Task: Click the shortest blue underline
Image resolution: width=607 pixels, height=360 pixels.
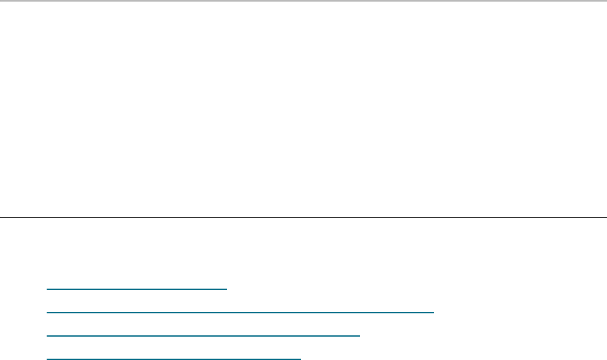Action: click(x=137, y=289)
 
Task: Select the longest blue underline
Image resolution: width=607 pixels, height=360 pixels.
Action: click(x=240, y=313)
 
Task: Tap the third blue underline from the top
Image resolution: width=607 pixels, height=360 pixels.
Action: click(x=203, y=335)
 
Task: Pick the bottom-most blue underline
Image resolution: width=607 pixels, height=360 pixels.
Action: click(x=174, y=358)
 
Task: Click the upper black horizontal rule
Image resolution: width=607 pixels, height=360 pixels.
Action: click(x=303, y=1)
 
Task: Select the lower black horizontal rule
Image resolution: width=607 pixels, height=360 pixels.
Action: click(x=303, y=217)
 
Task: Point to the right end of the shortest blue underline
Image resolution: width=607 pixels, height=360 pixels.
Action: click(x=227, y=289)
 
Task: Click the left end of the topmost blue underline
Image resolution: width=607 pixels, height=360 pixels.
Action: click(x=47, y=289)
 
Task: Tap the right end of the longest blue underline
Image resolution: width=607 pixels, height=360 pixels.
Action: click(x=433, y=313)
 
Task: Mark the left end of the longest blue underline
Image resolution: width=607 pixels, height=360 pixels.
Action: click(x=47, y=313)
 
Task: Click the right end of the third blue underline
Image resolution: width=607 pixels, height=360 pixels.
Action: click(x=359, y=335)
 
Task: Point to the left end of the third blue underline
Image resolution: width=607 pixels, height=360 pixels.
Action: click(x=47, y=335)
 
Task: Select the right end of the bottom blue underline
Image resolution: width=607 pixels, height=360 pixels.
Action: click(x=301, y=358)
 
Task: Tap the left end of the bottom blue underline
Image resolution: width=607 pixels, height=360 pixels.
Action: click(x=47, y=358)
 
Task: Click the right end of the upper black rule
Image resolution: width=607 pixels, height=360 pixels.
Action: click(x=606, y=1)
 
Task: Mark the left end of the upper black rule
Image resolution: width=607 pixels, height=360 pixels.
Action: click(x=1, y=1)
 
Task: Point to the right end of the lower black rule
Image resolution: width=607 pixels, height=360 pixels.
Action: click(x=606, y=217)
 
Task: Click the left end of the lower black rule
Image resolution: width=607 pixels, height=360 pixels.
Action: click(x=1, y=217)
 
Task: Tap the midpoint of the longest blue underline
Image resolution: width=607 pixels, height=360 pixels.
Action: click(x=240, y=313)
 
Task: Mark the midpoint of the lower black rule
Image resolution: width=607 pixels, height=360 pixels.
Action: click(x=303, y=217)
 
